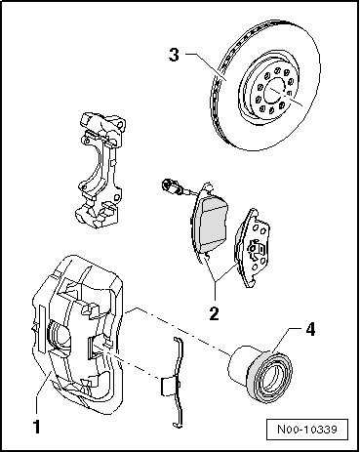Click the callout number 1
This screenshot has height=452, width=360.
point(37,427)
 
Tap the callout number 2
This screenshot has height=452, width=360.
point(214,313)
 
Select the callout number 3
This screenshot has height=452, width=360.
point(174,55)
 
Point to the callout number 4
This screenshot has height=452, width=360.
point(310,329)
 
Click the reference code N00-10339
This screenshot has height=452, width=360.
point(306,429)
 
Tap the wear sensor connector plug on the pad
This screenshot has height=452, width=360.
point(169,185)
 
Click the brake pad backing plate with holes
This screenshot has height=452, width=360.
point(253,248)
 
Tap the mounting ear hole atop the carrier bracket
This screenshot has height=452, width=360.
point(121,124)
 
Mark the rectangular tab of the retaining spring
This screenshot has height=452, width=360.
point(167,387)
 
